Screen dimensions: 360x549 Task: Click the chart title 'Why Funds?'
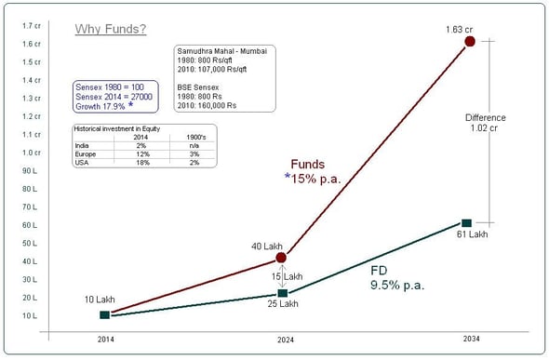coord(110,29)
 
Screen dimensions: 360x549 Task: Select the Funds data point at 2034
coord(470,42)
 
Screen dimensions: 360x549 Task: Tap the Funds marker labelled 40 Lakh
coord(282,258)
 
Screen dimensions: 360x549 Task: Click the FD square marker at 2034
coord(466,222)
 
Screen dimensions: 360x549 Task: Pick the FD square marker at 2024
coord(282,293)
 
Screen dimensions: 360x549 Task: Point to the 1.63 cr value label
coord(460,29)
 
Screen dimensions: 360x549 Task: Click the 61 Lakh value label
coord(473,234)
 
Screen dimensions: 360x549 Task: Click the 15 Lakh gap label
coord(288,276)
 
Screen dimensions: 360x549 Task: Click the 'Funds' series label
coord(307,164)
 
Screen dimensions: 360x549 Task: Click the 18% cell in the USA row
coord(141,162)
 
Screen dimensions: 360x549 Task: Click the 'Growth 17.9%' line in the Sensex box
coord(108,105)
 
